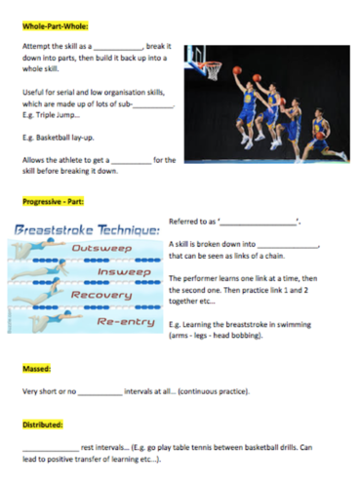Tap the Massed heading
click(x=36, y=370)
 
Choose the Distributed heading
click(x=42, y=427)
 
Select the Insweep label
click(x=108, y=272)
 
